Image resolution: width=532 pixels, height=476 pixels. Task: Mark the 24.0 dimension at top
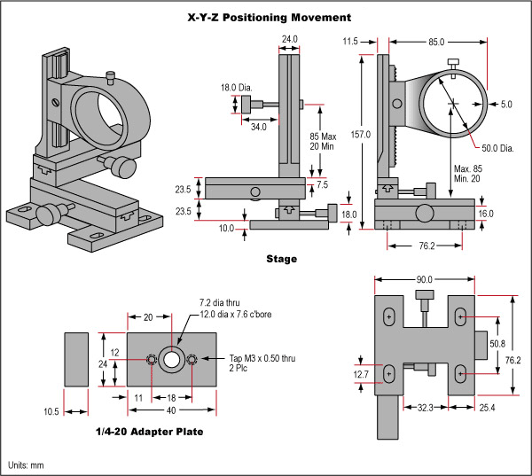click(x=289, y=39)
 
